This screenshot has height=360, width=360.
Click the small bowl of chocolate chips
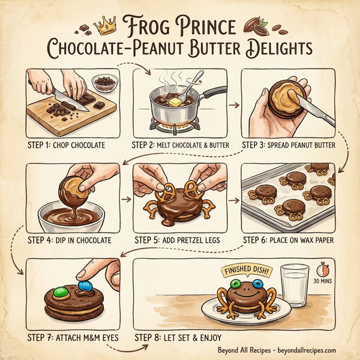click(104, 83)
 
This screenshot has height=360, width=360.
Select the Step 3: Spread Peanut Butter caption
click(289, 145)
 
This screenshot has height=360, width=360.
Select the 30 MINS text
click(323, 280)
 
